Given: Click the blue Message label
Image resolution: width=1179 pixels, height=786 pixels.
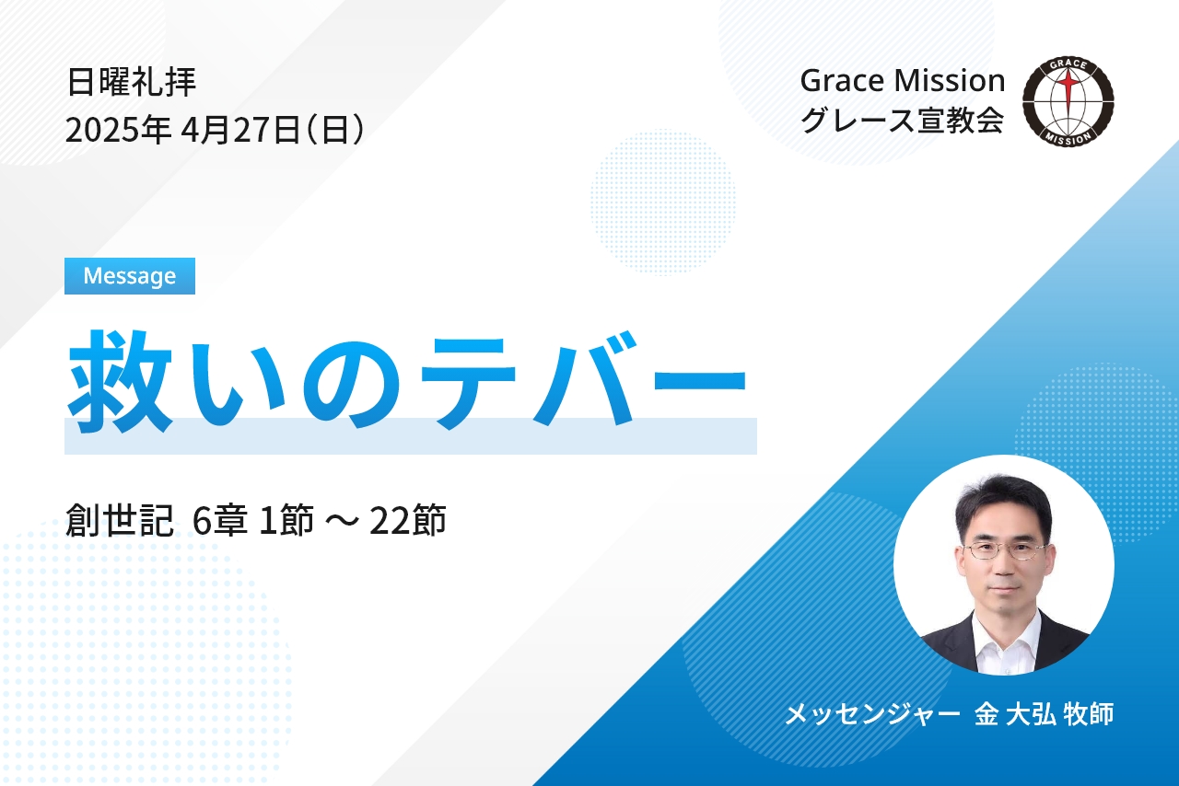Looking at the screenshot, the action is coord(130,276).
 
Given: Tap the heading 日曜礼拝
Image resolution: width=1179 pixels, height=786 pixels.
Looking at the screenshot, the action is coord(132,82).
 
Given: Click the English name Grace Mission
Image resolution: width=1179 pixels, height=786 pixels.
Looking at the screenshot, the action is coord(903,81).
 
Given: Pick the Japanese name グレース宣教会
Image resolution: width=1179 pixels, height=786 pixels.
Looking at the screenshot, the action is coord(902,120).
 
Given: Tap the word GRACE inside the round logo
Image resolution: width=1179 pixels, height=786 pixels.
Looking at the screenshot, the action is coord(1068,64).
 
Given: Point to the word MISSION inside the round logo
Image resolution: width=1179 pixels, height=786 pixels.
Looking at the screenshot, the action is coord(1068,139).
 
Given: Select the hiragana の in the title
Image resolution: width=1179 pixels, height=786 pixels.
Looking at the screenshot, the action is coord(351,384).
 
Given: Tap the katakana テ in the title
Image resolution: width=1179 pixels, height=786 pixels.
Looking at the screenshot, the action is coord(468,383).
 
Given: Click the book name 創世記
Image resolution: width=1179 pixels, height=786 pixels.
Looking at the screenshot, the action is coord(120,520).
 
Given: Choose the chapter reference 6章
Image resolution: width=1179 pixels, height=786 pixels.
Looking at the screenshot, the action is coord(220,520).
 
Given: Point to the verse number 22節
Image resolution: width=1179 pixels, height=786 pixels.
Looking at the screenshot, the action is coord(408,520).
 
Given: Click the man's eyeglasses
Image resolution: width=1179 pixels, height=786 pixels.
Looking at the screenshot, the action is coord(1004,550).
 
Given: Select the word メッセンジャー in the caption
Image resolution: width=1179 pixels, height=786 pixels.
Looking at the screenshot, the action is coord(872,714).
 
